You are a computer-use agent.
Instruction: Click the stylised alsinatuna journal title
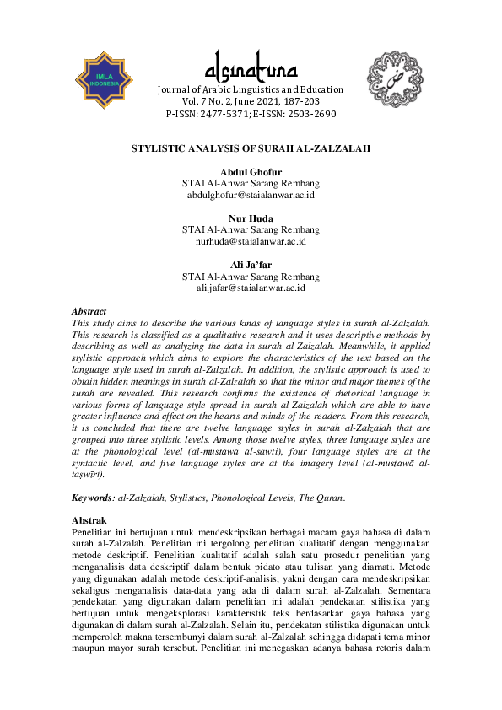(251, 67)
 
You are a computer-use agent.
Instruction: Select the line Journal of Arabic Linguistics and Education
(251, 89)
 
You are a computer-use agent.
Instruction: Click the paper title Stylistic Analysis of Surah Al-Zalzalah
(251, 148)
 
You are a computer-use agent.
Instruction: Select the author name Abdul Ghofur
(251, 172)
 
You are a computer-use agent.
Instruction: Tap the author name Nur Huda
(251, 218)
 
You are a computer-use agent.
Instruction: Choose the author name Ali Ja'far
(251, 265)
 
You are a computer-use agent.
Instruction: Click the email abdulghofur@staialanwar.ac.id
(251, 195)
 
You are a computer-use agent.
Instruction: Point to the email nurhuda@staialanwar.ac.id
(251, 241)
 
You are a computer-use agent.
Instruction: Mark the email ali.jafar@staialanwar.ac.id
(251, 288)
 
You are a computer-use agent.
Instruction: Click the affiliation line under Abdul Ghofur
(251, 183)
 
